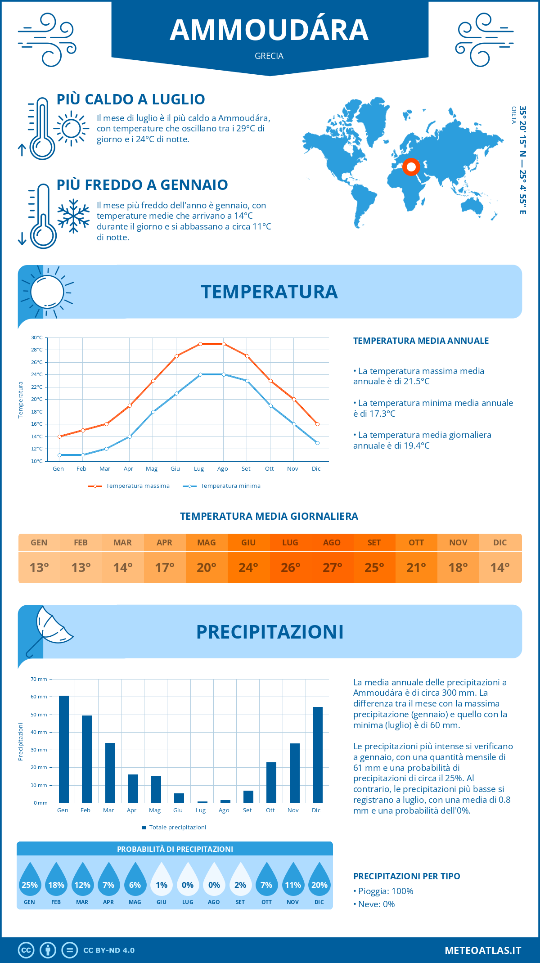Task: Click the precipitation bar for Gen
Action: pyautogui.click(x=64, y=749)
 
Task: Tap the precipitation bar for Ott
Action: pyautogui.click(x=271, y=783)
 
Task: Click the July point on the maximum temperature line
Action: pyautogui.click(x=200, y=344)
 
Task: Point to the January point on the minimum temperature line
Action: pyautogui.click(x=59, y=455)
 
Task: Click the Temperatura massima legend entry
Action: pyautogui.click(x=130, y=486)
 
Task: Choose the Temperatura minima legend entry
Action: pyautogui.click(x=222, y=486)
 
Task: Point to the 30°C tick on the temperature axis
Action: pyautogui.click(x=37, y=337)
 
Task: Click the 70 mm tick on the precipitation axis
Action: pyautogui.click(x=39, y=679)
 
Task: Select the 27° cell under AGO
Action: pyautogui.click(x=332, y=567)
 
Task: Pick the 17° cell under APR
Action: pyautogui.click(x=165, y=567)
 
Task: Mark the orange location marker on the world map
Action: pyautogui.click(x=411, y=167)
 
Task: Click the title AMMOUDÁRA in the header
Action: pyautogui.click(x=269, y=30)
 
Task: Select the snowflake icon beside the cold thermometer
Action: pyautogui.click(x=73, y=216)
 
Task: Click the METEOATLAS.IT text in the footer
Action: pyautogui.click(x=483, y=950)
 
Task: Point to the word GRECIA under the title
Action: pyautogui.click(x=269, y=56)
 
